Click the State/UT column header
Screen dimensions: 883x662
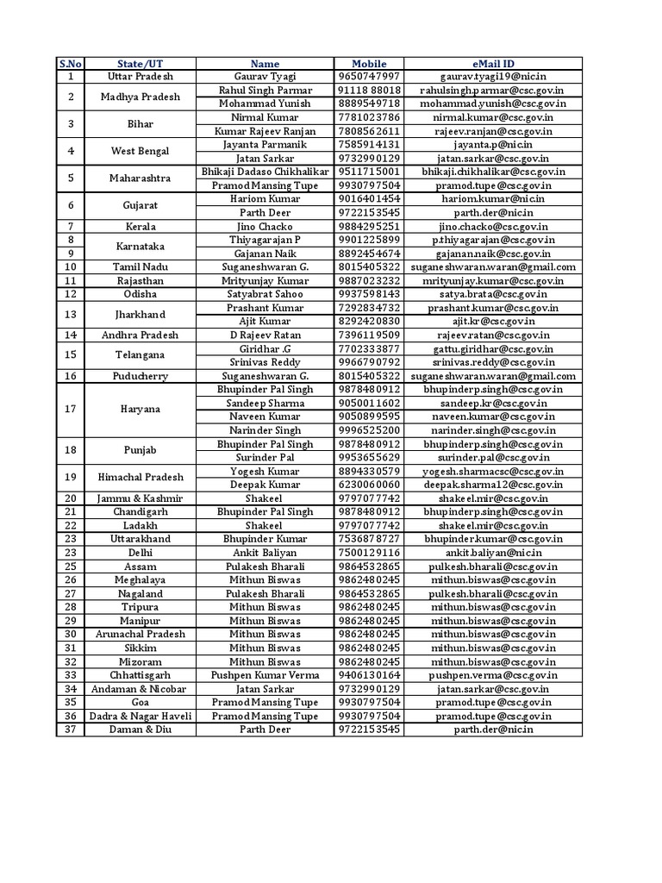(x=140, y=64)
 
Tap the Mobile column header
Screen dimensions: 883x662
(x=369, y=64)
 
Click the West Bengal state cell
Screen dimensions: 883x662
(x=140, y=152)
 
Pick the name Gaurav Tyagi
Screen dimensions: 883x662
(x=265, y=77)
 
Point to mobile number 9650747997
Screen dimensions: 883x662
(x=369, y=77)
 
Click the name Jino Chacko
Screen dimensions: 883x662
(x=265, y=226)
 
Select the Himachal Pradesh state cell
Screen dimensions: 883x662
(x=140, y=478)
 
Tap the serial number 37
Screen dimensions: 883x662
(x=71, y=730)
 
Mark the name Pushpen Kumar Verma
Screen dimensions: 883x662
(x=265, y=675)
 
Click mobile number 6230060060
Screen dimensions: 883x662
(x=369, y=485)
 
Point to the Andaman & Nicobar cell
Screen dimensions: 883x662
(x=140, y=689)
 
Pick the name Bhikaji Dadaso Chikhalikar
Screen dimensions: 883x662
(x=265, y=172)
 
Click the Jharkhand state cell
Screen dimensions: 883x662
(x=140, y=315)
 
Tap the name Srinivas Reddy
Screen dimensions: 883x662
(x=265, y=362)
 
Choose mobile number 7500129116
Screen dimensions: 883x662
(x=369, y=553)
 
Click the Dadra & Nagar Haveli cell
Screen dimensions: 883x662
(x=140, y=716)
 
